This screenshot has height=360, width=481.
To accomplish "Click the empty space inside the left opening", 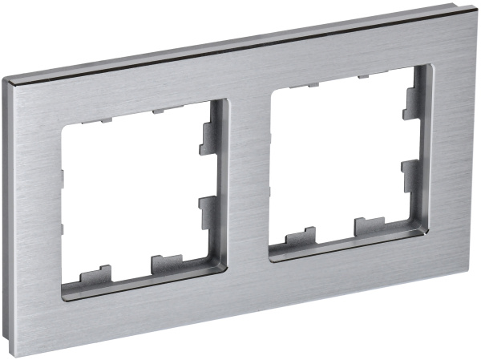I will pos(132,196).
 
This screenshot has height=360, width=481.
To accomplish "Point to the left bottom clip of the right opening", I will pos(301,237).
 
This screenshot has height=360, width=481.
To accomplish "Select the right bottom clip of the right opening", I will pos(369,226).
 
